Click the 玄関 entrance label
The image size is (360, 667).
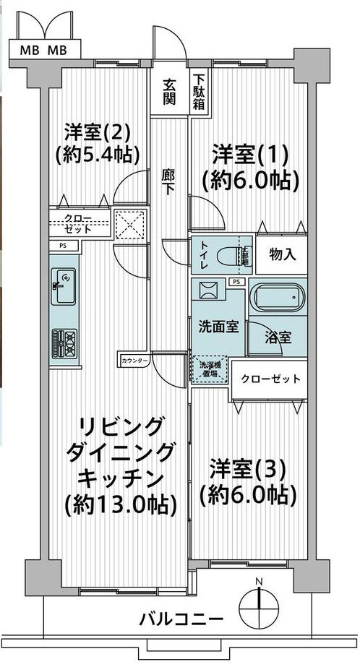coord(168,92)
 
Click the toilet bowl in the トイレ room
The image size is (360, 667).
coord(232,255)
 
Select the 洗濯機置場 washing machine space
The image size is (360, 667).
coord(209,369)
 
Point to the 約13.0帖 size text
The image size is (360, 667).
coord(121,504)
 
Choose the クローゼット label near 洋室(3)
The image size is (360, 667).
coord(270,379)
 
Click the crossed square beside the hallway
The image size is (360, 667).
coord(132,224)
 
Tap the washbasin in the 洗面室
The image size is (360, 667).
coord(209,291)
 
